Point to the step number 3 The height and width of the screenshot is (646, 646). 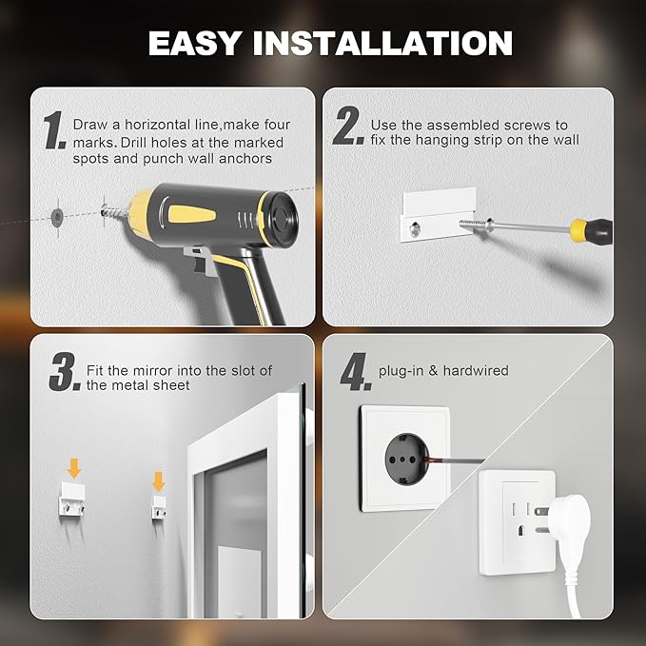(x=63, y=374)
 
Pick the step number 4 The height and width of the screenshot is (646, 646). (x=354, y=374)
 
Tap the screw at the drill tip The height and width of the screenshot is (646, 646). (x=113, y=207)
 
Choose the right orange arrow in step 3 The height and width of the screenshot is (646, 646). (x=158, y=480)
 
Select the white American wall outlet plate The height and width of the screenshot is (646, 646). (x=516, y=521)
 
